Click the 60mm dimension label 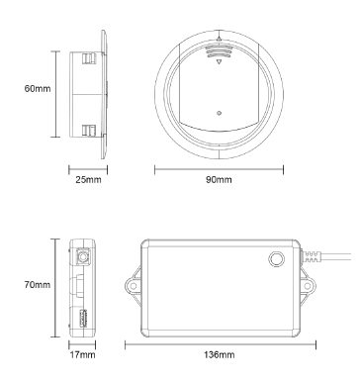38,89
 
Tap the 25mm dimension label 88,180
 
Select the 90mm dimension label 219,180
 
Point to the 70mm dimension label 38,284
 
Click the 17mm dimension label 82,355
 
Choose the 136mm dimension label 220,355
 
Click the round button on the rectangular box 277,259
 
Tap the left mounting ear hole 134,286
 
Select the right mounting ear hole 308,286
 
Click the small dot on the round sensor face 219,113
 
